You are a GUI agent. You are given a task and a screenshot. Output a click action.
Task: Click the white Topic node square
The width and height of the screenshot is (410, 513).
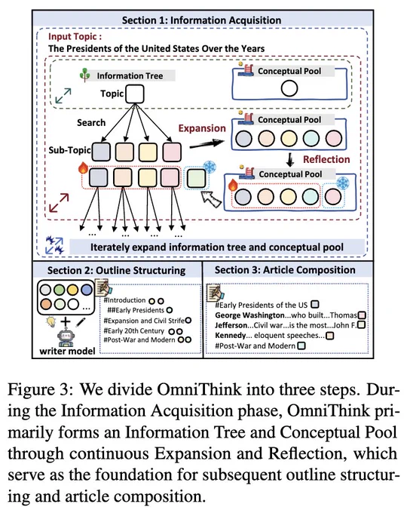(135, 94)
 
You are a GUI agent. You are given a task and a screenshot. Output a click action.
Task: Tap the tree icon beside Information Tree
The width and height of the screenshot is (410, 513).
(84, 75)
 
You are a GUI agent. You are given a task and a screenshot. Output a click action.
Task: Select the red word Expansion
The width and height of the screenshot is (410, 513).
(202, 128)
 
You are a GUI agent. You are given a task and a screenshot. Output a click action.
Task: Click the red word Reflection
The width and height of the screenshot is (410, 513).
(326, 159)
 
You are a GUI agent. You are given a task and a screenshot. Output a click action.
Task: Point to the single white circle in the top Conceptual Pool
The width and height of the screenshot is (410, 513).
(289, 88)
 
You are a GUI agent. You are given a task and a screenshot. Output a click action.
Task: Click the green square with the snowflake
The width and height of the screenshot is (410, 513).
(196, 177)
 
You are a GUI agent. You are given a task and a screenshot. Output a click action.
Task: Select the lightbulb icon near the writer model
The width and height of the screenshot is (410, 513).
(51, 322)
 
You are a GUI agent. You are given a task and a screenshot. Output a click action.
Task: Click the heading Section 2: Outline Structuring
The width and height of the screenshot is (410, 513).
(116, 271)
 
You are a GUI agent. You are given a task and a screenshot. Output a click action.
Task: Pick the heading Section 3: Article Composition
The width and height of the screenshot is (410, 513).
(285, 270)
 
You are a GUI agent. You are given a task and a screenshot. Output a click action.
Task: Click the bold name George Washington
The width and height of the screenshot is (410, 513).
(249, 315)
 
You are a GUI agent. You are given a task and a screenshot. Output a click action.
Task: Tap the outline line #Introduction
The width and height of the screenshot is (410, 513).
(124, 300)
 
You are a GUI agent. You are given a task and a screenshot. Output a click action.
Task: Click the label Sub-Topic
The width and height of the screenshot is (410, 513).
(69, 150)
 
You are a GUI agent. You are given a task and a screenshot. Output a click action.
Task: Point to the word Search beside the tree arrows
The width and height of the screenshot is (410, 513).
(91, 123)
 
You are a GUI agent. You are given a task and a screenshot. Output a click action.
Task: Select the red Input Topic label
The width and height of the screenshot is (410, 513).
(75, 37)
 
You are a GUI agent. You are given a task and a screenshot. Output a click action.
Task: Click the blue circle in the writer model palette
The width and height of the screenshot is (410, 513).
(87, 290)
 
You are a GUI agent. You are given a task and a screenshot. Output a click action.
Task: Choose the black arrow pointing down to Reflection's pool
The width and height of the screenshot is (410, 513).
(289, 159)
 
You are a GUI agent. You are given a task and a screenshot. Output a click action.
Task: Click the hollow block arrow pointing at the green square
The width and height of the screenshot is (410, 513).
(211, 199)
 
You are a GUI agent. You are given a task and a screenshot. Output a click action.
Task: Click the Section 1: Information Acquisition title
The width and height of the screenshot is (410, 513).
(201, 20)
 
